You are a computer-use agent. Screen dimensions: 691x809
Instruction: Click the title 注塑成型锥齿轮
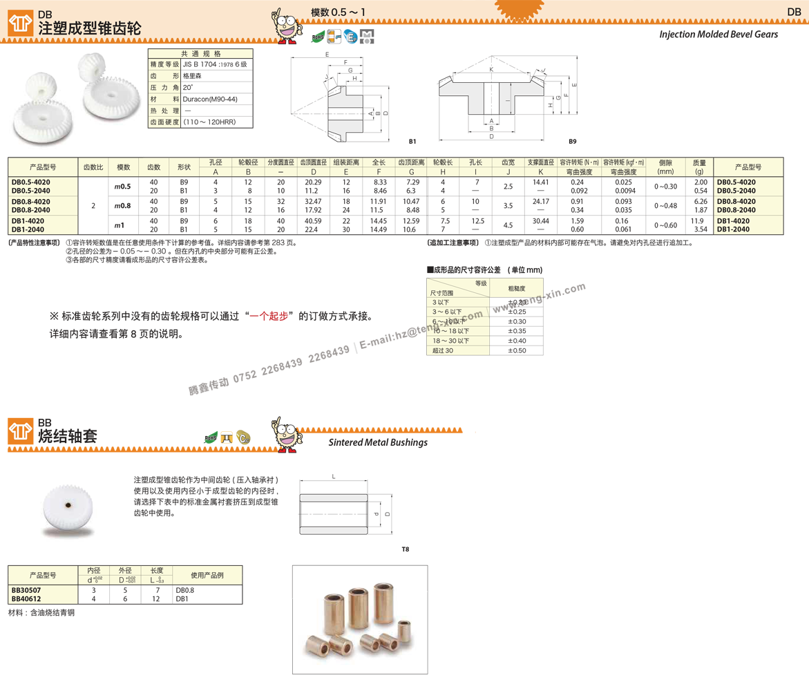coord(89,28)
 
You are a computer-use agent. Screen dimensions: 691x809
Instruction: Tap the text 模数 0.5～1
coord(339,12)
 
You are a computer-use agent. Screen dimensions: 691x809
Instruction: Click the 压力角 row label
coord(164,88)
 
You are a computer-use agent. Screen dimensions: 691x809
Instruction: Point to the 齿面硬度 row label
coord(164,122)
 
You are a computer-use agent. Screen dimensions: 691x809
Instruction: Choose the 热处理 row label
coord(164,111)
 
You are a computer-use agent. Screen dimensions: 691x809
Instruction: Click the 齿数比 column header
coord(93,167)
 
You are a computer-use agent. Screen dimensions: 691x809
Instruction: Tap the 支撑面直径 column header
coord(541,163)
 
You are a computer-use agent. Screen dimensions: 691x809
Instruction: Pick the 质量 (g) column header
coord(699,167)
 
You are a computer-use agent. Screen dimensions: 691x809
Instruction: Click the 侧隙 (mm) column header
coord(665,167)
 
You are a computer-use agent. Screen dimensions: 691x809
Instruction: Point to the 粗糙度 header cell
coord(517,288)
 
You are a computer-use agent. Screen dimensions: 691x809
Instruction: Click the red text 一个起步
coord(268,316)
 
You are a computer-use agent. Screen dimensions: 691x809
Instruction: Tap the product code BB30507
coord(26,591)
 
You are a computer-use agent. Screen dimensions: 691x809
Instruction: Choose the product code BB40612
coord(26,599)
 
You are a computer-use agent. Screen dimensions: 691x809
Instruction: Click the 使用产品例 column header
coord(207,575)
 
